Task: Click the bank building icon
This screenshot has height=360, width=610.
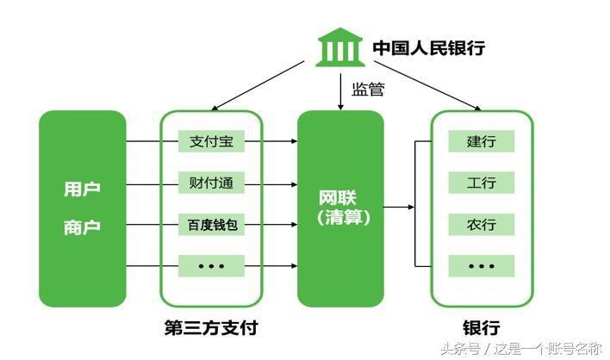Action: click(x=339, y=48)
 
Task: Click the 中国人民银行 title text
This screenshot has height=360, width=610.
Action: click(x=428, y=48)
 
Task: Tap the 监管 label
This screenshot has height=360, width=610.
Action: click(x=368, y=89)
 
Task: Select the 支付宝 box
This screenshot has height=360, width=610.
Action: click(x=212, y=141)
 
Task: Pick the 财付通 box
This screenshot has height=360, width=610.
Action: click(x=212, y=183)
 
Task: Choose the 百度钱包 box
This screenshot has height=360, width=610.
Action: click(x=212, y=225)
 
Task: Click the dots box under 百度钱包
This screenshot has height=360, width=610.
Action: click(x=212, y=266)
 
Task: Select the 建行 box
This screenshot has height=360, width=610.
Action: click(x=481, y=141)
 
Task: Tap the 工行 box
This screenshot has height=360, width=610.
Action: click(x=481, y=183)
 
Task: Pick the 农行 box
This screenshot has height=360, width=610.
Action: click(x=481, y=225)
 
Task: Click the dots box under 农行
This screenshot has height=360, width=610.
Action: click(x=481, y=266)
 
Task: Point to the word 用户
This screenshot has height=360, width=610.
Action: click(x=82, y=189)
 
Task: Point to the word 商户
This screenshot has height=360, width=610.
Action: click(x=82, y=227)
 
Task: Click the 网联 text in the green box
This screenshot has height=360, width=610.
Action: click(x=340, y=196)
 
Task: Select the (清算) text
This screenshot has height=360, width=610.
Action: click(x=340, y=218)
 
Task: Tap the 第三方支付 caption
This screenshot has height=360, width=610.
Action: click(x=211, y=328)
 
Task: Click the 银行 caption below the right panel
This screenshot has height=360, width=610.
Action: click(x=481, y=328)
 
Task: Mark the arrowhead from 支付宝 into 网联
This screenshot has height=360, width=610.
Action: click(x=291, y=141)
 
